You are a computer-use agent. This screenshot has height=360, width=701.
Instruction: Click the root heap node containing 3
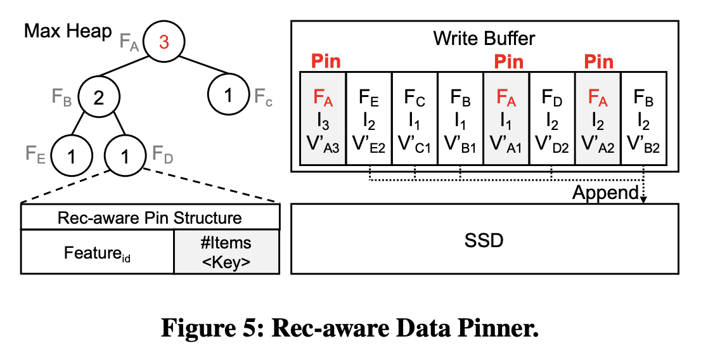click(164, 42)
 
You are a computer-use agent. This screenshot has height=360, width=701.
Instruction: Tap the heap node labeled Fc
click(229, 96)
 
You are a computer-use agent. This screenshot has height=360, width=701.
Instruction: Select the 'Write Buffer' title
click(484, 38)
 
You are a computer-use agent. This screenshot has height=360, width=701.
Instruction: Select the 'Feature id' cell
click(97, 252)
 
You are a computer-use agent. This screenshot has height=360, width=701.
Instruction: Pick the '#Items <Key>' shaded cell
click(226, 252)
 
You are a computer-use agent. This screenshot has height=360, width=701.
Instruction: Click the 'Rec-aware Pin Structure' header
click(150, 218)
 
